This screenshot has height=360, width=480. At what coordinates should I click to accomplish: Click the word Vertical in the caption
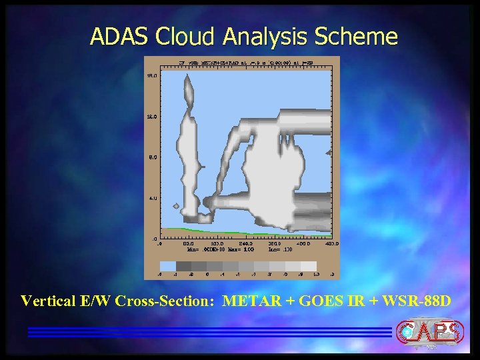(x=46, y=301)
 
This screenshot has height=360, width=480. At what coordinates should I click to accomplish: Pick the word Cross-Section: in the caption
(x=164, y=301)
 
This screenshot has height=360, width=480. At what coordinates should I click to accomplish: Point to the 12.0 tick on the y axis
(x=151, y=117)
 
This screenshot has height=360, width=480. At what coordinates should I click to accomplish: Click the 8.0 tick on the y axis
(x=152, y=157)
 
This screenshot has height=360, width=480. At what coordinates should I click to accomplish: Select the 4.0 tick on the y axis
(x=152, y=198)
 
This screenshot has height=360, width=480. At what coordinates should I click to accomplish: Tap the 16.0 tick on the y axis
(x=151, y=76)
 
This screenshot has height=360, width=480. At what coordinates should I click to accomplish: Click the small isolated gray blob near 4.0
(x=176, y=206)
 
